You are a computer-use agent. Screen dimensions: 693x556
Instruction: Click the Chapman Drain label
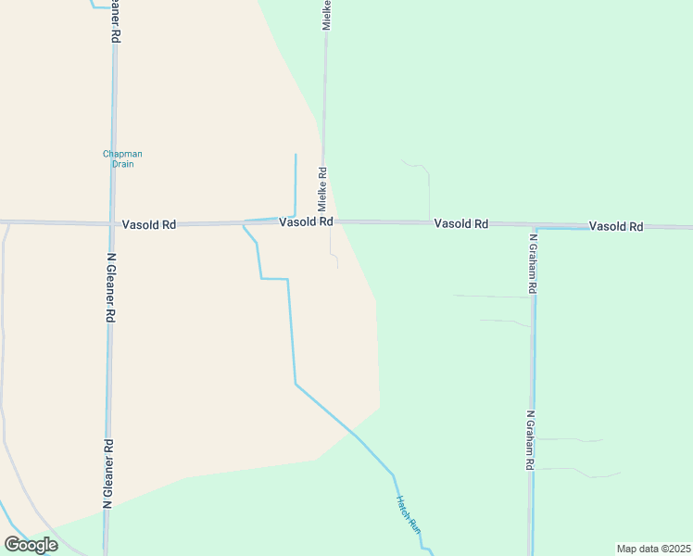pyautogui.click(x=122, y=158)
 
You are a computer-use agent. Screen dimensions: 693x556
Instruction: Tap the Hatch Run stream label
pyautogui.click(x=409, y=512)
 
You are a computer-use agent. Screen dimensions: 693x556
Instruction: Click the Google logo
pyautogui.click(x=31, y=545)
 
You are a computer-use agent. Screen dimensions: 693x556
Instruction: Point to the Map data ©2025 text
pyautogui.click(x=653, y=549)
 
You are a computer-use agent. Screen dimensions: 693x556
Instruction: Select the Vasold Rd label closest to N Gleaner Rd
pyautogui.click(x=148, y=224)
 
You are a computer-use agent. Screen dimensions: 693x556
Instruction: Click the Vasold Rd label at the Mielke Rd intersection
pyautogui.click(x=306, y=222)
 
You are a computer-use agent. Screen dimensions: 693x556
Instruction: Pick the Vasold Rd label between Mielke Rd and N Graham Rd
pyautogui.click(x=461, y=224)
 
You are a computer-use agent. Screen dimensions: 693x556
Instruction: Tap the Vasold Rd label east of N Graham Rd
pyautogui.click(x=616, y=226)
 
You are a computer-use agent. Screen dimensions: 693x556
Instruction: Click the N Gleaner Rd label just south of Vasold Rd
pyautogui.click(x=110, y=288)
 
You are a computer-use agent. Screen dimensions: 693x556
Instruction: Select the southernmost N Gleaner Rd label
pyautogui.click(x=108, y=473)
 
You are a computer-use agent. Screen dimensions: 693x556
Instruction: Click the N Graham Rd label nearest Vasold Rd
pyautogui.click(x=533, y=262)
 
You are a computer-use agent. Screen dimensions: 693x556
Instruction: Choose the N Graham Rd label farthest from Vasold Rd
pyautogui.click(x=531, y=441)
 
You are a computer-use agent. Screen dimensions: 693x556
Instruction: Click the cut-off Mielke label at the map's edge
pyautogui.click(x=326, y=15)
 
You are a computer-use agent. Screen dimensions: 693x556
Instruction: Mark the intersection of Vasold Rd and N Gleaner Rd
pyautogui.click(x=111, y=223)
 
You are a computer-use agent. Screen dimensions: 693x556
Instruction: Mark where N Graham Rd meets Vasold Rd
pyautogui.click(x=534, y=226)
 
